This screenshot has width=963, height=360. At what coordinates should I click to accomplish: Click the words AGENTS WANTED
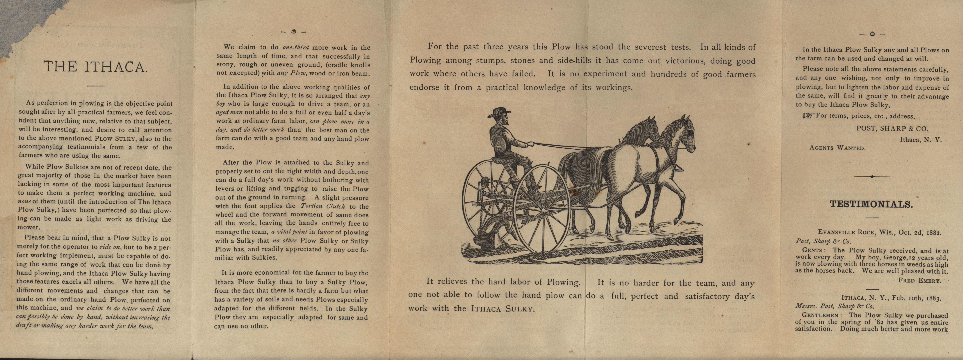(x=837, y=148)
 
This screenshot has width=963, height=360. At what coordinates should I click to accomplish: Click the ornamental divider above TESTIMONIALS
(x=872, y=176)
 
